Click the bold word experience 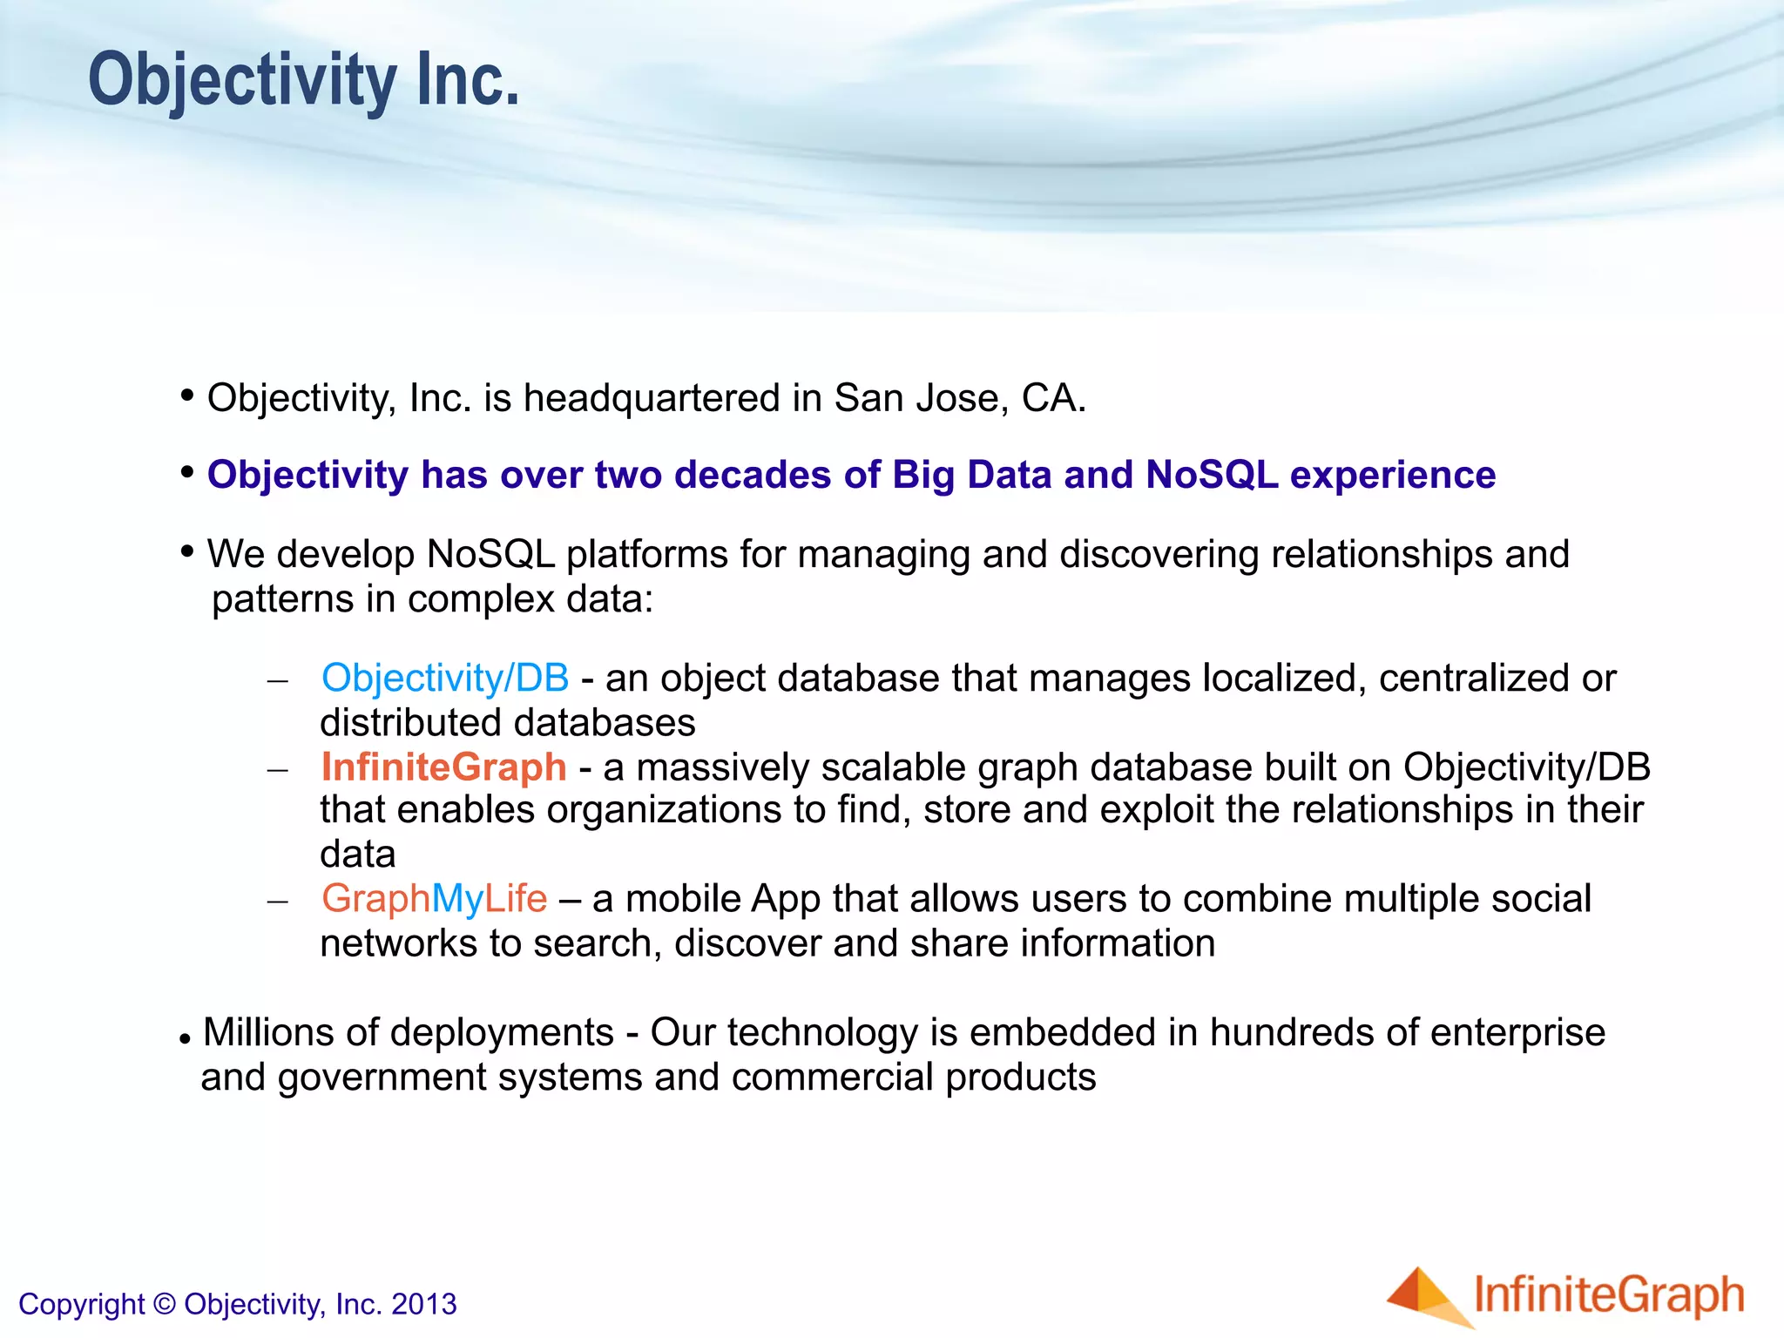1392,476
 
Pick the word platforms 646,555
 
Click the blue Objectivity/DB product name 445,678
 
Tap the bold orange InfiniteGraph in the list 443,767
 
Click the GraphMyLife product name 434,899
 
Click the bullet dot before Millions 185,1039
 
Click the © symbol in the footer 164,1304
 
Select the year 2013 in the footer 423,1304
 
